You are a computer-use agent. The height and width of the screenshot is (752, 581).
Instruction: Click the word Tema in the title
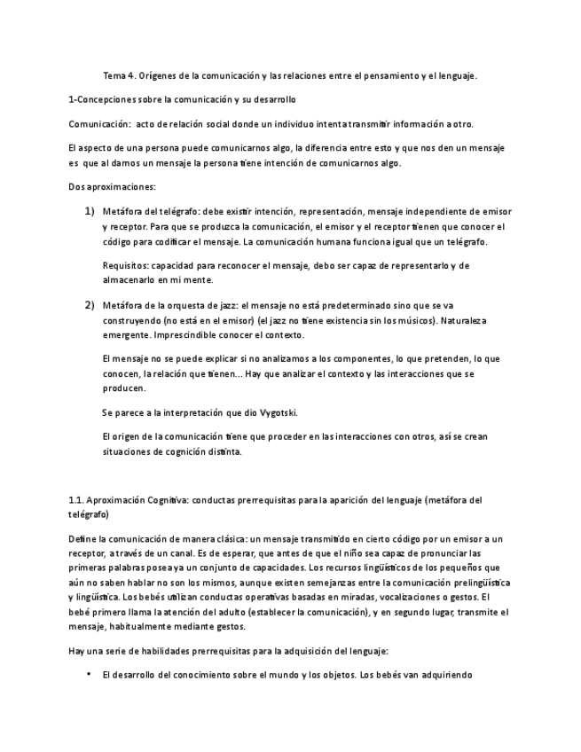coord(114,75)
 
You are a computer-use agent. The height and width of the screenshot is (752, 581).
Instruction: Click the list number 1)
coord(90,212)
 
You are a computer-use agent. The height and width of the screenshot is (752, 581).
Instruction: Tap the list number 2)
coord(90,305)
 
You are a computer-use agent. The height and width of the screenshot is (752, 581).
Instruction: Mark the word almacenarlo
coord(130,279)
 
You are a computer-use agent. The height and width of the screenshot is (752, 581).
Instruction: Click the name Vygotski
coord(279,412)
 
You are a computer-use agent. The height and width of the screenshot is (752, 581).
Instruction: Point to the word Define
coord(82,539)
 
